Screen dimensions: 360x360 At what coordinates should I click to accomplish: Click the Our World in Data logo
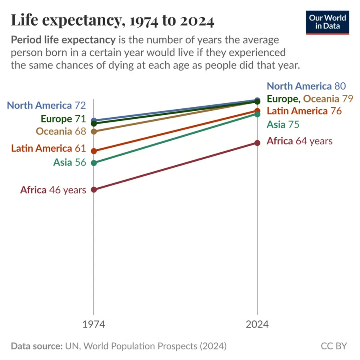tap(327, 22)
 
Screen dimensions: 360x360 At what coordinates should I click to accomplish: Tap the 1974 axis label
tap(94, 324)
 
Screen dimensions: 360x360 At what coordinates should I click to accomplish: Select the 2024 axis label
tap(257, 324)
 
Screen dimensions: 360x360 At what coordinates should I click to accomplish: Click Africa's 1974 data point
tap(94, 190)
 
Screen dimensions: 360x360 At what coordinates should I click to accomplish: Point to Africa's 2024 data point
tap(257, 143)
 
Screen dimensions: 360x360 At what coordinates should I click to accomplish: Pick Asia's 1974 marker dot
tap(94, 163)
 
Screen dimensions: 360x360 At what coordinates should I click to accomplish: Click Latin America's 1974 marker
tap(94, 151)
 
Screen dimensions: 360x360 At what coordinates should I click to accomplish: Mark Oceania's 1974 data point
tap(94, 132)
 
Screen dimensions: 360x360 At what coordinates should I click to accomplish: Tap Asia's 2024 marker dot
tap(257, 114)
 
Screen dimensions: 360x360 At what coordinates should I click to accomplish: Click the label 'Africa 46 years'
tap(53, 190)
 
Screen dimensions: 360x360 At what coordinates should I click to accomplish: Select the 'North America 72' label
tap(46, 105)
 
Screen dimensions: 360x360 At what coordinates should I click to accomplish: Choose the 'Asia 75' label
tap(283, 124)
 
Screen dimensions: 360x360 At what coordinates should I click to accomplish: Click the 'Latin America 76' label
tap(304, 111)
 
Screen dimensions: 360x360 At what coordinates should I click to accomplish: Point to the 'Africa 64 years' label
tap(300, 141)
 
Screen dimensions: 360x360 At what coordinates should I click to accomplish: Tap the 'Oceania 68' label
tap(61, 131)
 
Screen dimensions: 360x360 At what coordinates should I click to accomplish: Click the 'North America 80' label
tap(306, 86)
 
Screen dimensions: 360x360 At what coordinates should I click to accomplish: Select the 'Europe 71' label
tap(63, 119)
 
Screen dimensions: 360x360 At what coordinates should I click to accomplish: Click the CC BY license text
tap(334, 346)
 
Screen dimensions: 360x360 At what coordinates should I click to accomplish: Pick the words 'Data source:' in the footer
tap(37, 346)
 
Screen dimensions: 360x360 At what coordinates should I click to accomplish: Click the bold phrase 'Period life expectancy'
tap(63, 40)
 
